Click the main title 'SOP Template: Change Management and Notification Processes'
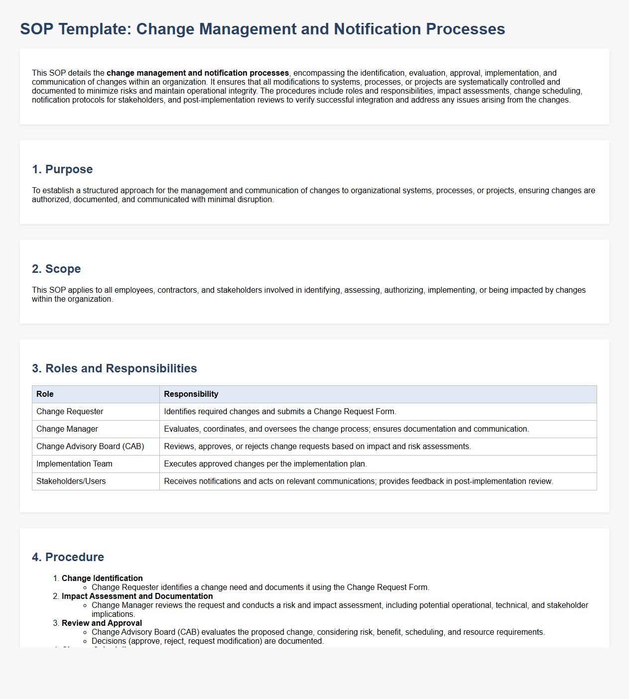point(262,29)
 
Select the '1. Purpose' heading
point(62,169)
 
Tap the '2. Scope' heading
point(56,269)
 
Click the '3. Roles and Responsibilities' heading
point(115,368)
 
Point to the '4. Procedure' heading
point(68,557)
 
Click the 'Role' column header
point(45,394)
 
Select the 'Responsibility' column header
point(191,394)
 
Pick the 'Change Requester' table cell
point(70,412)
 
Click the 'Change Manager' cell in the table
point(67,429)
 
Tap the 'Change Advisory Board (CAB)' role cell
point(90,447)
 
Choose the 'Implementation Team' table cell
point(74,464)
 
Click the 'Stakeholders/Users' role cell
point(71,481)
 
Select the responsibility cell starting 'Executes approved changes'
point(265,464)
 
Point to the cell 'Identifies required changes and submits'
point(280,412)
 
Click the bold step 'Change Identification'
point(102,579)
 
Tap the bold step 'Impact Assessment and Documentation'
point(137,596)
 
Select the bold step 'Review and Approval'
point(102,623)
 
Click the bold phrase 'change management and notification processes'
point(198,73)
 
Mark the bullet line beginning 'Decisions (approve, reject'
point(208,641)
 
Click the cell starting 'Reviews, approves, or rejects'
point(317,447)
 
